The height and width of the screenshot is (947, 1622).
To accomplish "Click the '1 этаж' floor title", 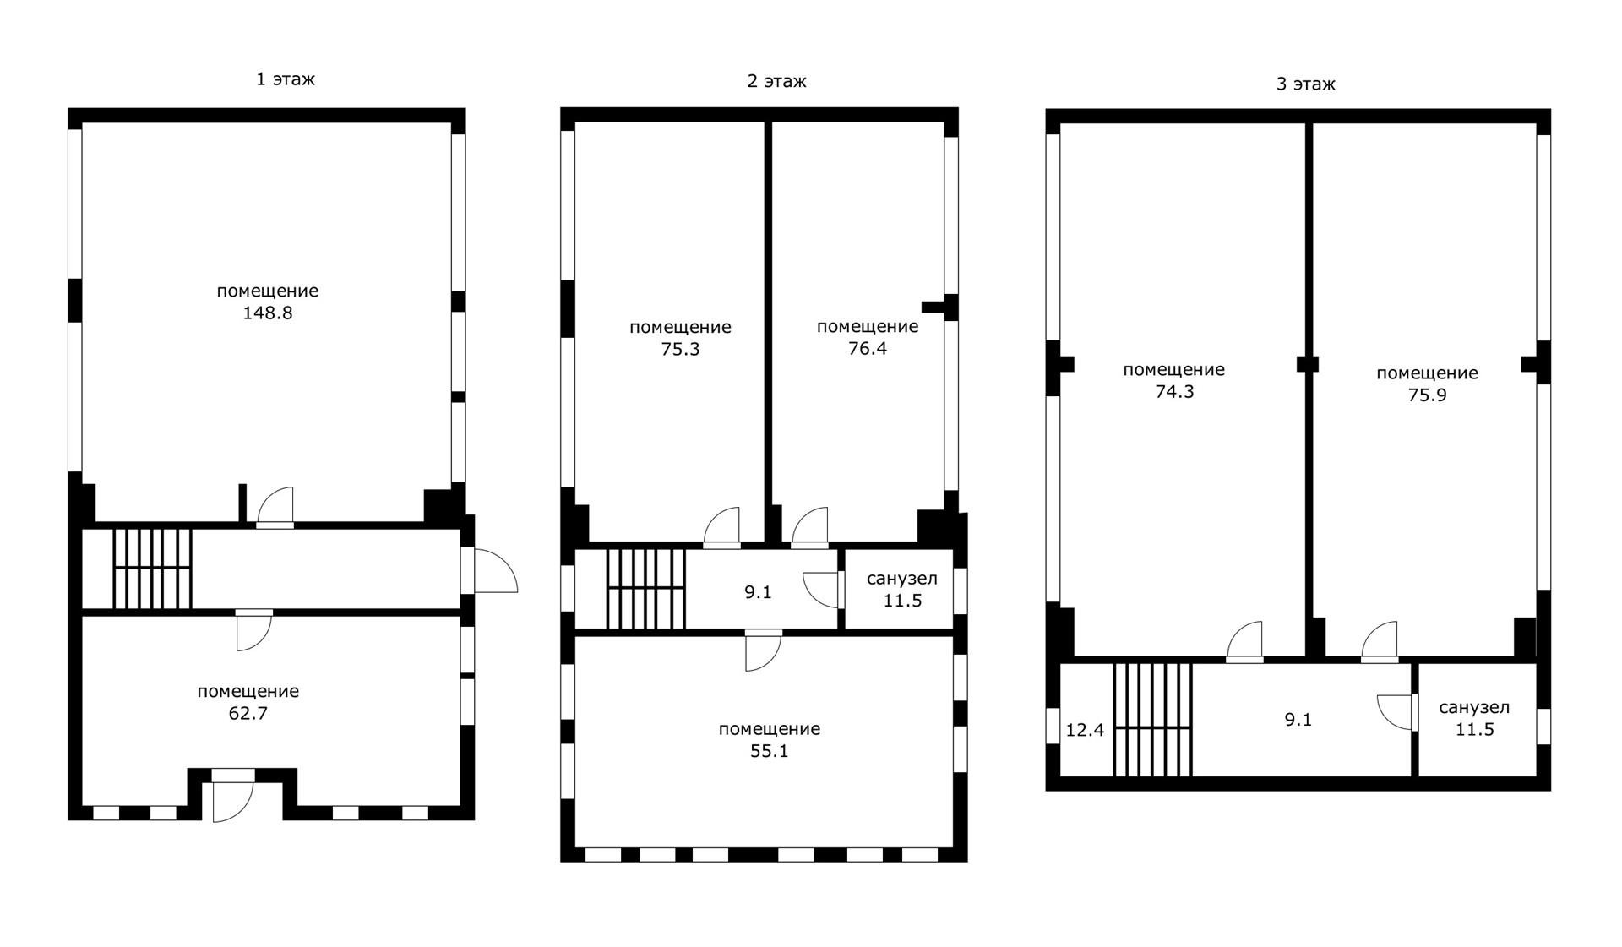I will coord(286,79).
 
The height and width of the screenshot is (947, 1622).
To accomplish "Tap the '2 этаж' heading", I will coord(776,81).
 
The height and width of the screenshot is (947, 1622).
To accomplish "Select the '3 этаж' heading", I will coord(1305,84).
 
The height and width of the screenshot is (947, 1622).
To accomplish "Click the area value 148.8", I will coord(267,313).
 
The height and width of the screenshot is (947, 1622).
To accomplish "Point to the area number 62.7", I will coord(248,713).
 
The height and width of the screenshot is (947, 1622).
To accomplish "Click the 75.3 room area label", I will coord(680,349).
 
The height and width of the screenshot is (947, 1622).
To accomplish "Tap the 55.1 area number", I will coord(769,751).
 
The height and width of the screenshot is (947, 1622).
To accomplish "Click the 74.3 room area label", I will coord(1173,392).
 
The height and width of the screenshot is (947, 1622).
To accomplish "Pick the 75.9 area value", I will coord(1427,395).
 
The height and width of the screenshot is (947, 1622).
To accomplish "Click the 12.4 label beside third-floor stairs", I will coord(1085,730).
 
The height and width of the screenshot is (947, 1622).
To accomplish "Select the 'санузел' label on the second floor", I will coord(901,579).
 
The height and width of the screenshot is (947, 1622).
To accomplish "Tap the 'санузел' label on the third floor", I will coord(1474,708).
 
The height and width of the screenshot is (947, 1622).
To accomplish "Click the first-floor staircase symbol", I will coord(152,568).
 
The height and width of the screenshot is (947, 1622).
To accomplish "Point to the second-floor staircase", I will coord(645,589).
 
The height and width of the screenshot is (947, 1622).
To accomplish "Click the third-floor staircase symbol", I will coord(1152,719).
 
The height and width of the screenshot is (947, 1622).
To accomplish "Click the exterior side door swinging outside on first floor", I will coord(494,571).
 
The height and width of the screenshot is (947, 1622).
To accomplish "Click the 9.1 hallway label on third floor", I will coord(1298,720).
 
